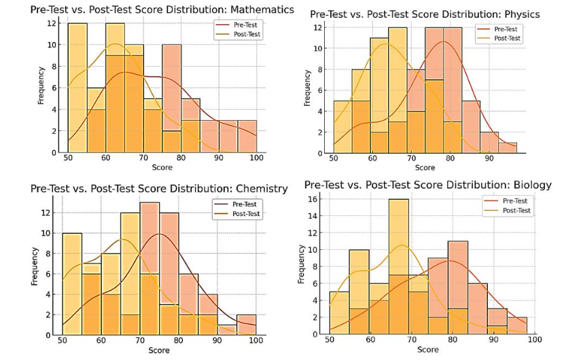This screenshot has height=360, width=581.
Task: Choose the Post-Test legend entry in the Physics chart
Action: (506, 38)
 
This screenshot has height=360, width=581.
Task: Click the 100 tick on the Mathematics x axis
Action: (257, 158)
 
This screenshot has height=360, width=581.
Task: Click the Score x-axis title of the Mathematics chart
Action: (162, 166)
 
